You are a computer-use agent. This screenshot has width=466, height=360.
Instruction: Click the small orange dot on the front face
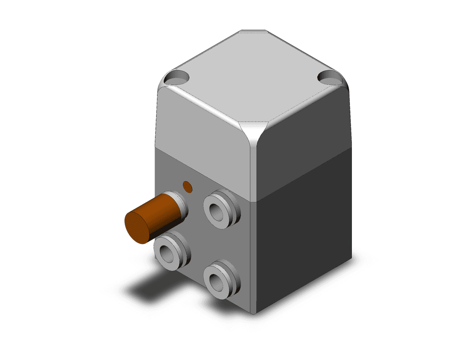pyautogui.click(x=187, y=186)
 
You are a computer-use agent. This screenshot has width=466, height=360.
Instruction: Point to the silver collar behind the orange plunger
pyautogui.click(x=180, y=203)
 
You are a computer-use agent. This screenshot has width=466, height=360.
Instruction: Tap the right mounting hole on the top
pyautogui.click(x=329, y=78)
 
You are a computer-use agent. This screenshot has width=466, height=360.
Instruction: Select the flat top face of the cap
pyautogui.click(x=253, y=77)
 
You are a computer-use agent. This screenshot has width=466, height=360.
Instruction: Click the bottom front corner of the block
pyautogui.click(x=253, y=312)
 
